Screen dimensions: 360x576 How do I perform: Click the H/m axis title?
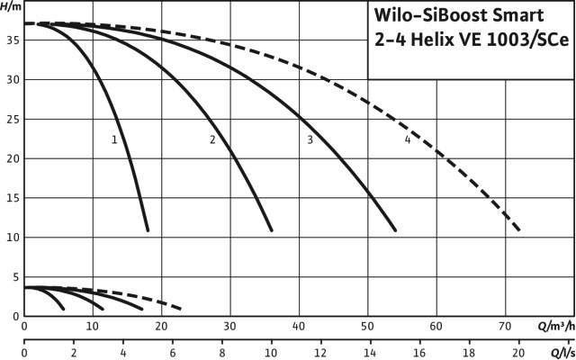click(x=13, y=7)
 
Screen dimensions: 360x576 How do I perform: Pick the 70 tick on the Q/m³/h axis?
click(x=505, y=326)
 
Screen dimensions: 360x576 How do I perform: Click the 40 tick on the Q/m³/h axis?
click(x=299, y=326)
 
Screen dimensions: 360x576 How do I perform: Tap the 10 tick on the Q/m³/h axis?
click(x=93, y=326)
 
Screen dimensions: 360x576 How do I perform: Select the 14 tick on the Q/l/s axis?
click(x=370, y=353)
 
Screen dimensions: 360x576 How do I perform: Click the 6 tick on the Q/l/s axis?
click(x=172, y=353)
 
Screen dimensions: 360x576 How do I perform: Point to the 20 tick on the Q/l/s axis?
click(x=517, y=353)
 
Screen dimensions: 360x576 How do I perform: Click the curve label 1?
click(x=114, y=139)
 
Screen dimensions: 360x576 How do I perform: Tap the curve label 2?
click(x=212, y=139)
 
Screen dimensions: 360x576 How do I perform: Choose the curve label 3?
click(x=310, y=139)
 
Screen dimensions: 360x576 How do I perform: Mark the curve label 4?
click(x=408, y=139)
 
